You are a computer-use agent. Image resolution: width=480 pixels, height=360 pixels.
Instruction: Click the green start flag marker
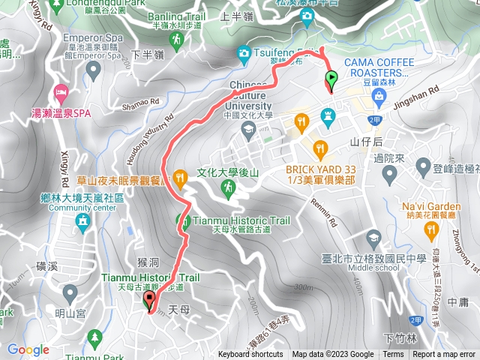pos(331,78)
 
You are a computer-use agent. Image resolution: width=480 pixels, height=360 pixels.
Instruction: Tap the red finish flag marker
pos(148,301)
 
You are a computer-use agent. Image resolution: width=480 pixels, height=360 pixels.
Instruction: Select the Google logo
pos(28,349)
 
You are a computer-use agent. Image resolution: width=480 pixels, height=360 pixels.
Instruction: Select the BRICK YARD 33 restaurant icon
pos(320,147)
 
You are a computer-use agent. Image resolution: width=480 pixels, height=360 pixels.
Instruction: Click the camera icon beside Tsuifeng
pos(244,53)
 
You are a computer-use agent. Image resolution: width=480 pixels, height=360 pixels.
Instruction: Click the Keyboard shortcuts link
pos(251,355)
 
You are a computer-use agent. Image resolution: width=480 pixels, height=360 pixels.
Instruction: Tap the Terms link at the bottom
pos(393,355)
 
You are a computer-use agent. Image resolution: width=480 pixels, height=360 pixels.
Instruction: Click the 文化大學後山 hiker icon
pos(228,190)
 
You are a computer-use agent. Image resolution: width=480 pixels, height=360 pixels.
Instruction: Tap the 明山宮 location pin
pos(70,292)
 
